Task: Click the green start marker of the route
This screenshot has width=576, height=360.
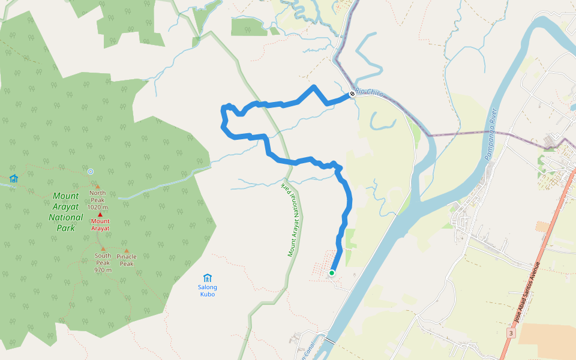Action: [331, 273]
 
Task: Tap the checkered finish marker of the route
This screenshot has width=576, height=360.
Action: [352, 94]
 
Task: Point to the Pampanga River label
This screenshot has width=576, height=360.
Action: [491, 134]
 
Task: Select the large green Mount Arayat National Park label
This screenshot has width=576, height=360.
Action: [66, 212]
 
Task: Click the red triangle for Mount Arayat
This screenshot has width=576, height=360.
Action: [100, 215]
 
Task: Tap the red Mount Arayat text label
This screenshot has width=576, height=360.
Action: [100, 224]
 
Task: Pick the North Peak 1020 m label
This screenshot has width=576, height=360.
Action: [97, 200]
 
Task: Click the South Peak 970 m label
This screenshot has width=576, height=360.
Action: [103, 262]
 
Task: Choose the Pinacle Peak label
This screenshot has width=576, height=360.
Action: [127, 260]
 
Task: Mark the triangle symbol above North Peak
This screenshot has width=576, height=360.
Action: [97, 187]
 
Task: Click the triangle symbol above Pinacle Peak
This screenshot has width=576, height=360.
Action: [126, 251]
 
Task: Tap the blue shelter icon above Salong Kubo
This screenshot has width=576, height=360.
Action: [207, 278]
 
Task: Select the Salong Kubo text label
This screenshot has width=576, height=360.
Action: [207, 290]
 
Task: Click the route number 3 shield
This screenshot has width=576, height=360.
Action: [511, 332]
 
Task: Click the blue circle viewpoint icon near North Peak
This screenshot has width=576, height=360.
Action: [91, 172]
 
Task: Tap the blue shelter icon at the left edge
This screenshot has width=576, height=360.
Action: [13, 178]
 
